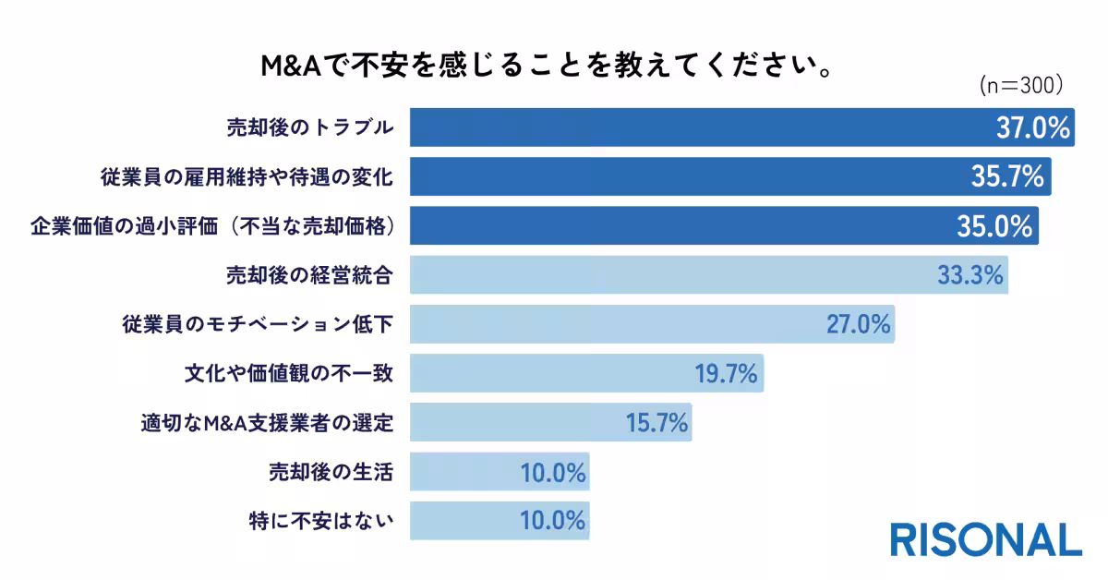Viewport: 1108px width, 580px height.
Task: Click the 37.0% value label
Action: coord(1032,127)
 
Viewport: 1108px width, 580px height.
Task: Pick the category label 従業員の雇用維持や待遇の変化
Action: coord(247,176)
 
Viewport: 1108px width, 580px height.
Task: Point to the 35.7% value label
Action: coord(1007,176)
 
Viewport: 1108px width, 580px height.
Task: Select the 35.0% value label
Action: coord(994,226)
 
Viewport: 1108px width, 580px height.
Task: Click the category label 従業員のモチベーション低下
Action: coord(258,325)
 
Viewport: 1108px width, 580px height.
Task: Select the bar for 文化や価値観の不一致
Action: coord(554,374)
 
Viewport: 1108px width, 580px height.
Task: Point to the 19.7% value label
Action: coord(726,374)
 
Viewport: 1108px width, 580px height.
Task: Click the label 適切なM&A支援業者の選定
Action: coord(267,423)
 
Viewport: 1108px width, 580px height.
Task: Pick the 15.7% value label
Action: coord(656,423)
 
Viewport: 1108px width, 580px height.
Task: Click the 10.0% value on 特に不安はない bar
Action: coord(552,521)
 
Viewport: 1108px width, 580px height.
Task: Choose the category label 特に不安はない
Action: coord(321,521)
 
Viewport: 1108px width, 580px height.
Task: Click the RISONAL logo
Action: coord(985,539)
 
